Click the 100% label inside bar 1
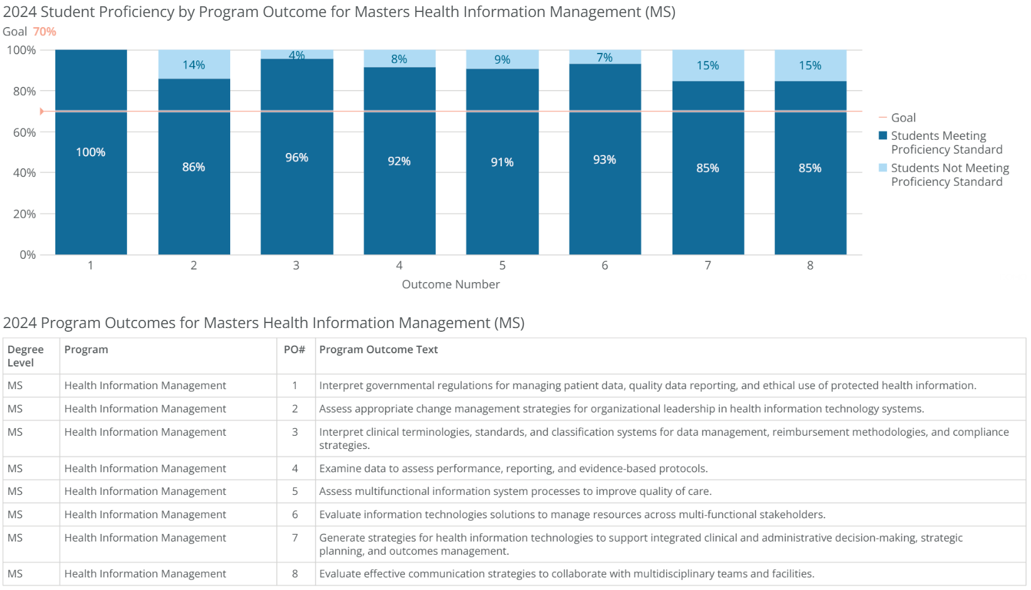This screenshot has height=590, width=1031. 91,152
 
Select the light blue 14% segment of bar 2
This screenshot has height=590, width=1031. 194,65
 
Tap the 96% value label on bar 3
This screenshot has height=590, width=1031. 296,157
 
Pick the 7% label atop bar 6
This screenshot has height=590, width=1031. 605,57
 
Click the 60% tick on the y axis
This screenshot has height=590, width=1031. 25,132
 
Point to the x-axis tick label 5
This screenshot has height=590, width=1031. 502,266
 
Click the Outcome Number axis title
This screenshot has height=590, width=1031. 450,285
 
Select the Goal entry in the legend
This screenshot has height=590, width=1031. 903,118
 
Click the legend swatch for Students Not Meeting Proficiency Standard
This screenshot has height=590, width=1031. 883,167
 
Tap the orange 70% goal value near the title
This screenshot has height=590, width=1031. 45,31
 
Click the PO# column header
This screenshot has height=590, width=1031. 294,349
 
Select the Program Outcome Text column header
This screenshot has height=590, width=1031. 378,349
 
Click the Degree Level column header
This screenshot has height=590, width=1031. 25,356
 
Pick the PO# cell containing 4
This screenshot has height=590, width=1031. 294,468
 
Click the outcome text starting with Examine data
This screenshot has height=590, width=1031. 513,468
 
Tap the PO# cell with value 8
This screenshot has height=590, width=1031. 294,574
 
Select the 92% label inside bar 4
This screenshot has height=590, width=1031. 399,161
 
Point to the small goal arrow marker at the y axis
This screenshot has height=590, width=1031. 42,111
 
